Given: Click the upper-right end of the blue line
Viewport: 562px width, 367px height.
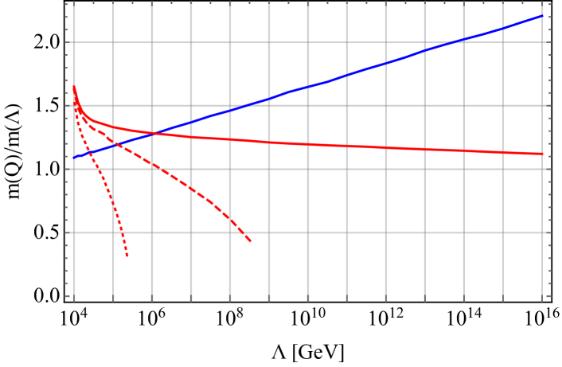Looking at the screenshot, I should tap(542, 15).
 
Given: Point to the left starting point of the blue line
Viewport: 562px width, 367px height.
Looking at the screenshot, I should tap(74, 157).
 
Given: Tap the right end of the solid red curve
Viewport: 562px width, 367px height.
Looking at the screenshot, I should tap(542, 154).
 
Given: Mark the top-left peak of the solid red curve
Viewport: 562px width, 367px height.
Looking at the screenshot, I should tap(74, 87).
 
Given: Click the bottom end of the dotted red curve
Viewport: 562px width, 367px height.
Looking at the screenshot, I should tap(127, 256).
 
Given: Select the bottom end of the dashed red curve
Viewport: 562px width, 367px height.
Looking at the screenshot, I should tap(251, 241).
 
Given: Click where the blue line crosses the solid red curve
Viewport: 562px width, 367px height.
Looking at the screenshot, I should tap(153, 133).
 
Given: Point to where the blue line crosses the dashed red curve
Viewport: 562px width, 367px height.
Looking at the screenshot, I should tap(114, 144).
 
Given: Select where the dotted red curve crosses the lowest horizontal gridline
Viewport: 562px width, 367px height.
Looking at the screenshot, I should tap(123, 232).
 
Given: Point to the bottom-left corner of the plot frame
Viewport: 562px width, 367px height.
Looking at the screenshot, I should tap(74, 296).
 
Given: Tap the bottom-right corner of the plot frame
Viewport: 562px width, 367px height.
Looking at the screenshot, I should tap(542, 296).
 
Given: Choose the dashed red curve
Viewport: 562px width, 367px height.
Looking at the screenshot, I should tap(191, 188).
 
